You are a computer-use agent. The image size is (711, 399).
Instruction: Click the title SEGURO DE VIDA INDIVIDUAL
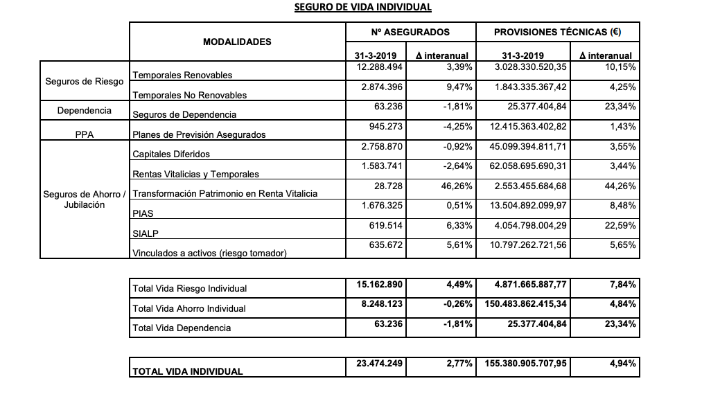[x=362, y=8]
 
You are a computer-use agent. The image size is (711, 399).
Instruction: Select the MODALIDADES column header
[x=237, y=42]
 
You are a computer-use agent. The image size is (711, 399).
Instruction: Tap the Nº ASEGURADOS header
[x=410, y=32]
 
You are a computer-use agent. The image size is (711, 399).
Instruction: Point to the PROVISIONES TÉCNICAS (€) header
[x=557, y=32]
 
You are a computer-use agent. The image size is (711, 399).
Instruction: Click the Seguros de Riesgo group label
[x=85, y=82]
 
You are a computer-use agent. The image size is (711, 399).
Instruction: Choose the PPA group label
[x=85, y=134]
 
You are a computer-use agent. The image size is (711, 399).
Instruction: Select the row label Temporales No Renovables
[x=189, y=95]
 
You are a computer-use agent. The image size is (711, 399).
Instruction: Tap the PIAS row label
[x=143, y=214]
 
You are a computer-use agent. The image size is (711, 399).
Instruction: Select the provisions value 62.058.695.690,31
[x=530, y=166]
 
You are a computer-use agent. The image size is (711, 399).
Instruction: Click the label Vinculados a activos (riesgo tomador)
[x=209, y=254]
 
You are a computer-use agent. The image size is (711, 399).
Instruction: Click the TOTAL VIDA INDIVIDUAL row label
[x=187, y=371]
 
